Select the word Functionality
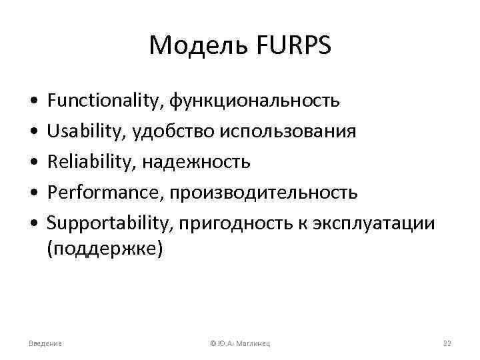(x=106, y=101)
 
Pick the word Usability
(x=83, y=131)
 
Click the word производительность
(x=263, y=193)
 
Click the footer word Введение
(x=45, y=343)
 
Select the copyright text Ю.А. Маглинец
(x=243, y=343)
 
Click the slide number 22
(x=447, y=343)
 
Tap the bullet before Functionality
(x=33, y=102)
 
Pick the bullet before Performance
(x=33, y=193)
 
